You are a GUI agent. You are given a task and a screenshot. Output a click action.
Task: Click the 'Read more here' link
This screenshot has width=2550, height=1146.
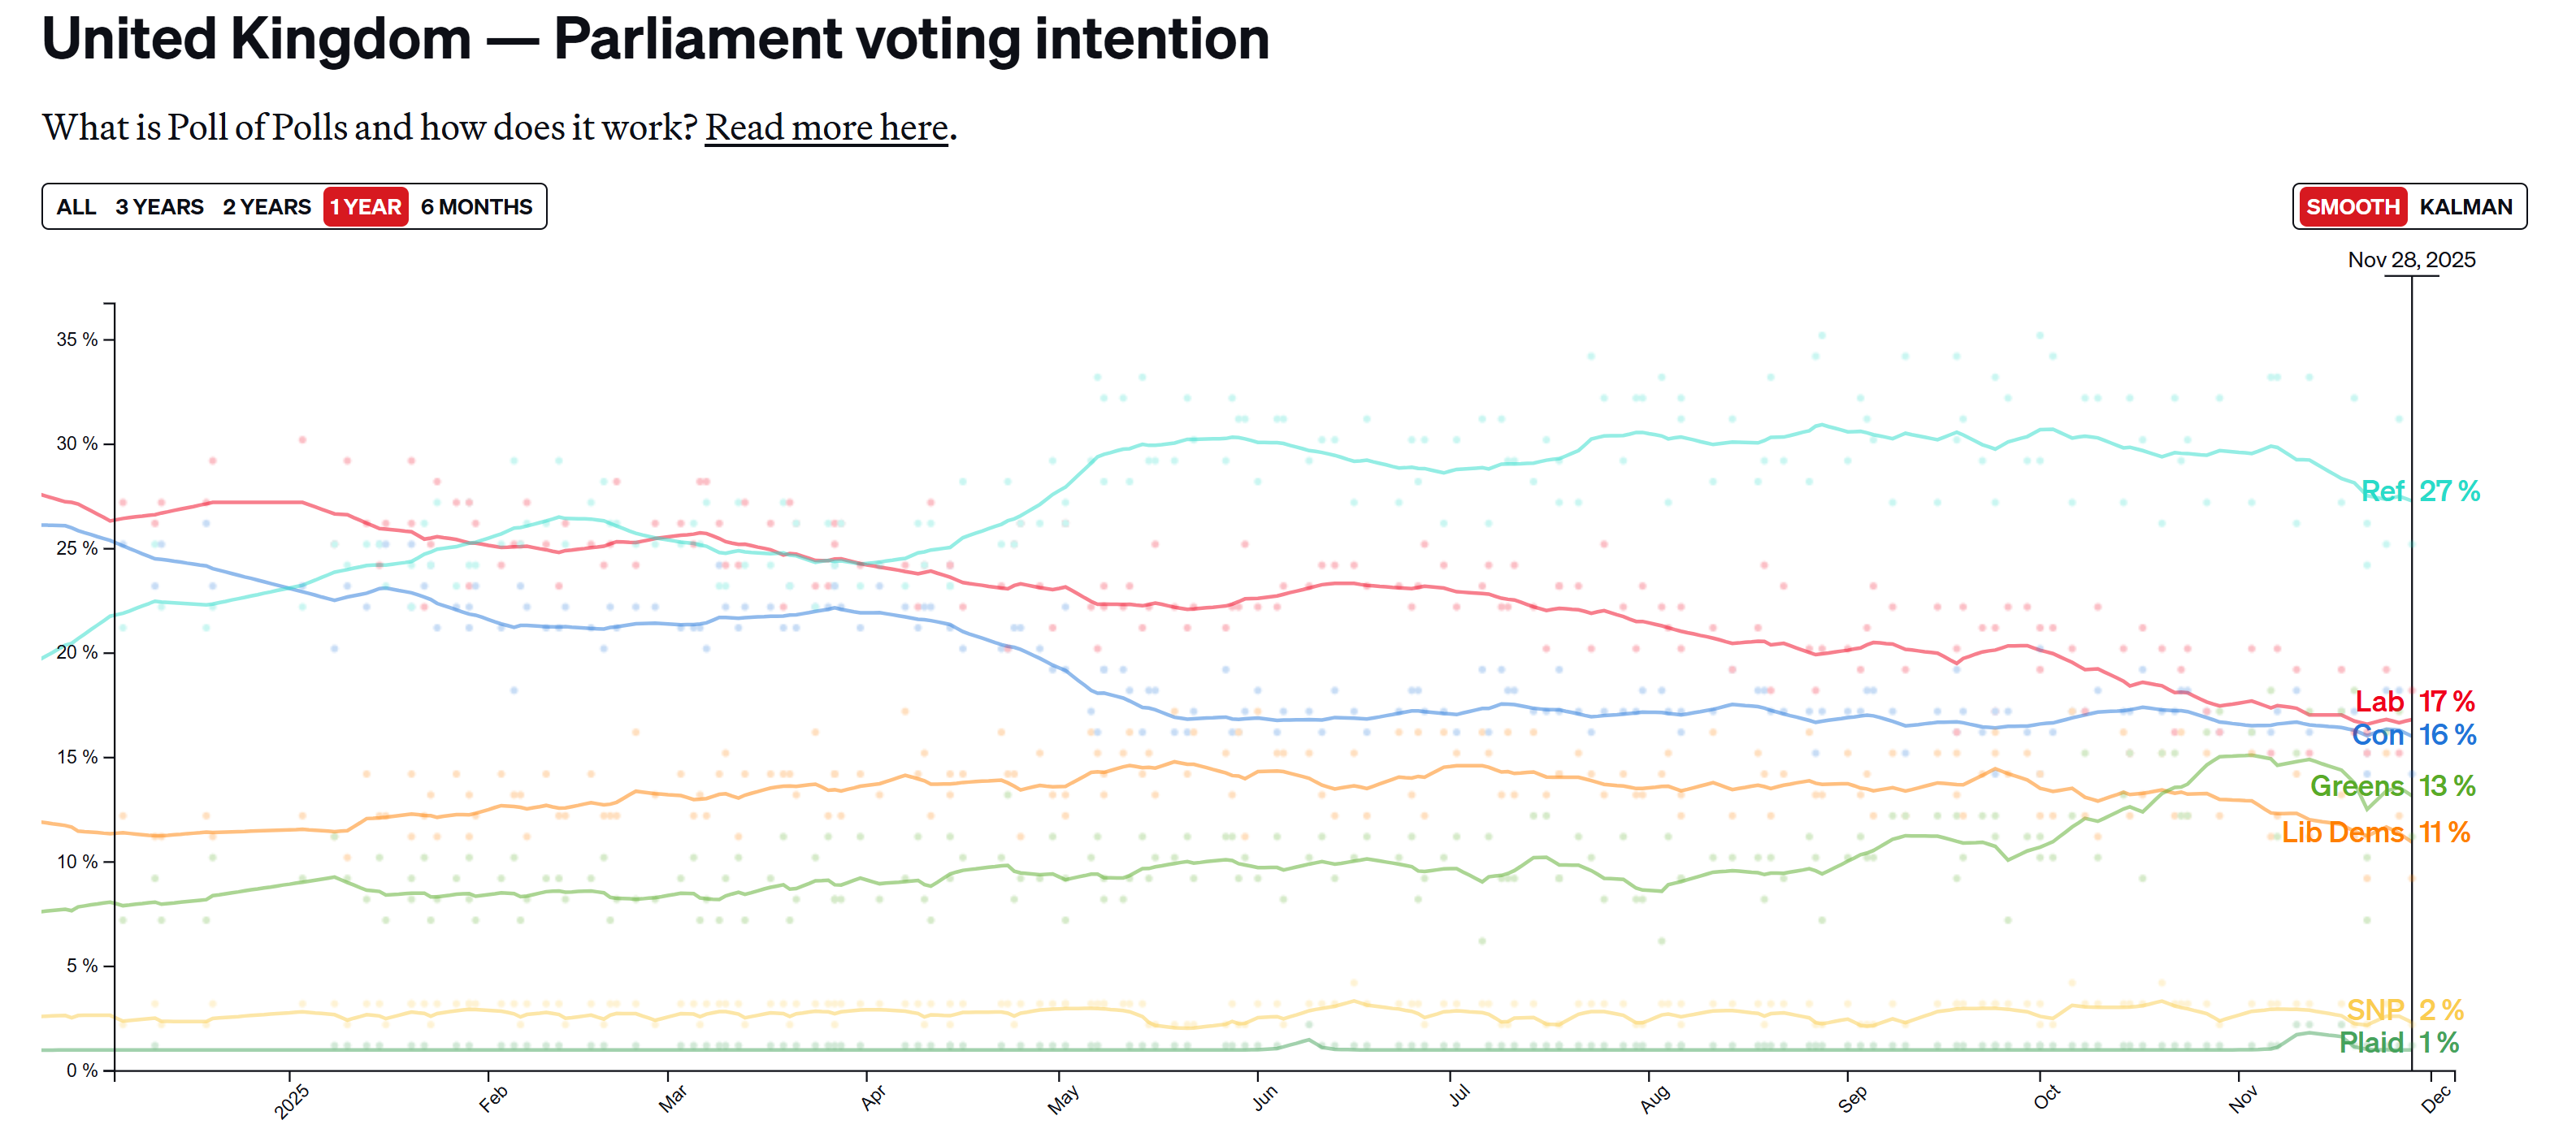[x=826, y=128]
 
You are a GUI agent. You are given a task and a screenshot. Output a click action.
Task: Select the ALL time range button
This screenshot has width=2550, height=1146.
[x=76, y=207]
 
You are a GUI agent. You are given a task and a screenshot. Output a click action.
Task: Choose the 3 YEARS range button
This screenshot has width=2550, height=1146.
[x=159, y=207]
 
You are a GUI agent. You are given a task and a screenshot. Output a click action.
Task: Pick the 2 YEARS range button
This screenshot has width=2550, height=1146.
[x=267, y=207]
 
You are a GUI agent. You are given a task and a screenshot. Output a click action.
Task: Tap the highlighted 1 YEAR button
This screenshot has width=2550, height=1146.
[x=366, y=207]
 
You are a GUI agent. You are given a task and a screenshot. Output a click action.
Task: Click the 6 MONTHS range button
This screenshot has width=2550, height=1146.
[x=476, y=207]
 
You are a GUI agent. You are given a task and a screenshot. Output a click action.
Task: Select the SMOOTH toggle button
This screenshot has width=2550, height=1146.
[x=2352, y=207]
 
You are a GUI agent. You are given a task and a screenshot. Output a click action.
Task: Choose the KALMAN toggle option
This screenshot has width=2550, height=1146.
[x=2465, y=207]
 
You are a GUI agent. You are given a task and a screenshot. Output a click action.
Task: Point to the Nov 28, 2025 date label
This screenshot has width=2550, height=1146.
[x=2410, y=260]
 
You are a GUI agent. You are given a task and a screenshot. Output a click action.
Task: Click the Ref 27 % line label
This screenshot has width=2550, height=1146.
[x=2419, y=492]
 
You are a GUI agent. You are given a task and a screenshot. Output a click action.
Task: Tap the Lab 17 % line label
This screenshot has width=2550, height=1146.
[x=2414, y=702]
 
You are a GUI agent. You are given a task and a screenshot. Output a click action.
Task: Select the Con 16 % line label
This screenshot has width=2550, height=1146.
[x=2413, y=735]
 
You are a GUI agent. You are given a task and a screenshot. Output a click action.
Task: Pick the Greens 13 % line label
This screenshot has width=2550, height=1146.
[x=2392, y=787]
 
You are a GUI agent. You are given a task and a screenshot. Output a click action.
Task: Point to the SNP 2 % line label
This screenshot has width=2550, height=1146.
[x=2405, y=1010]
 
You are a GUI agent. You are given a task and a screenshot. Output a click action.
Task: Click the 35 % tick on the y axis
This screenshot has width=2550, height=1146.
[x=77, y=339]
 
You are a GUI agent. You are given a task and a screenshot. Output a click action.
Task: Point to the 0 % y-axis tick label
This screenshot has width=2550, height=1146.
[x=82, y=1070]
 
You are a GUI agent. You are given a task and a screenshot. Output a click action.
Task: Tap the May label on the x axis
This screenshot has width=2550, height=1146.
[x=1063, y=1100]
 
